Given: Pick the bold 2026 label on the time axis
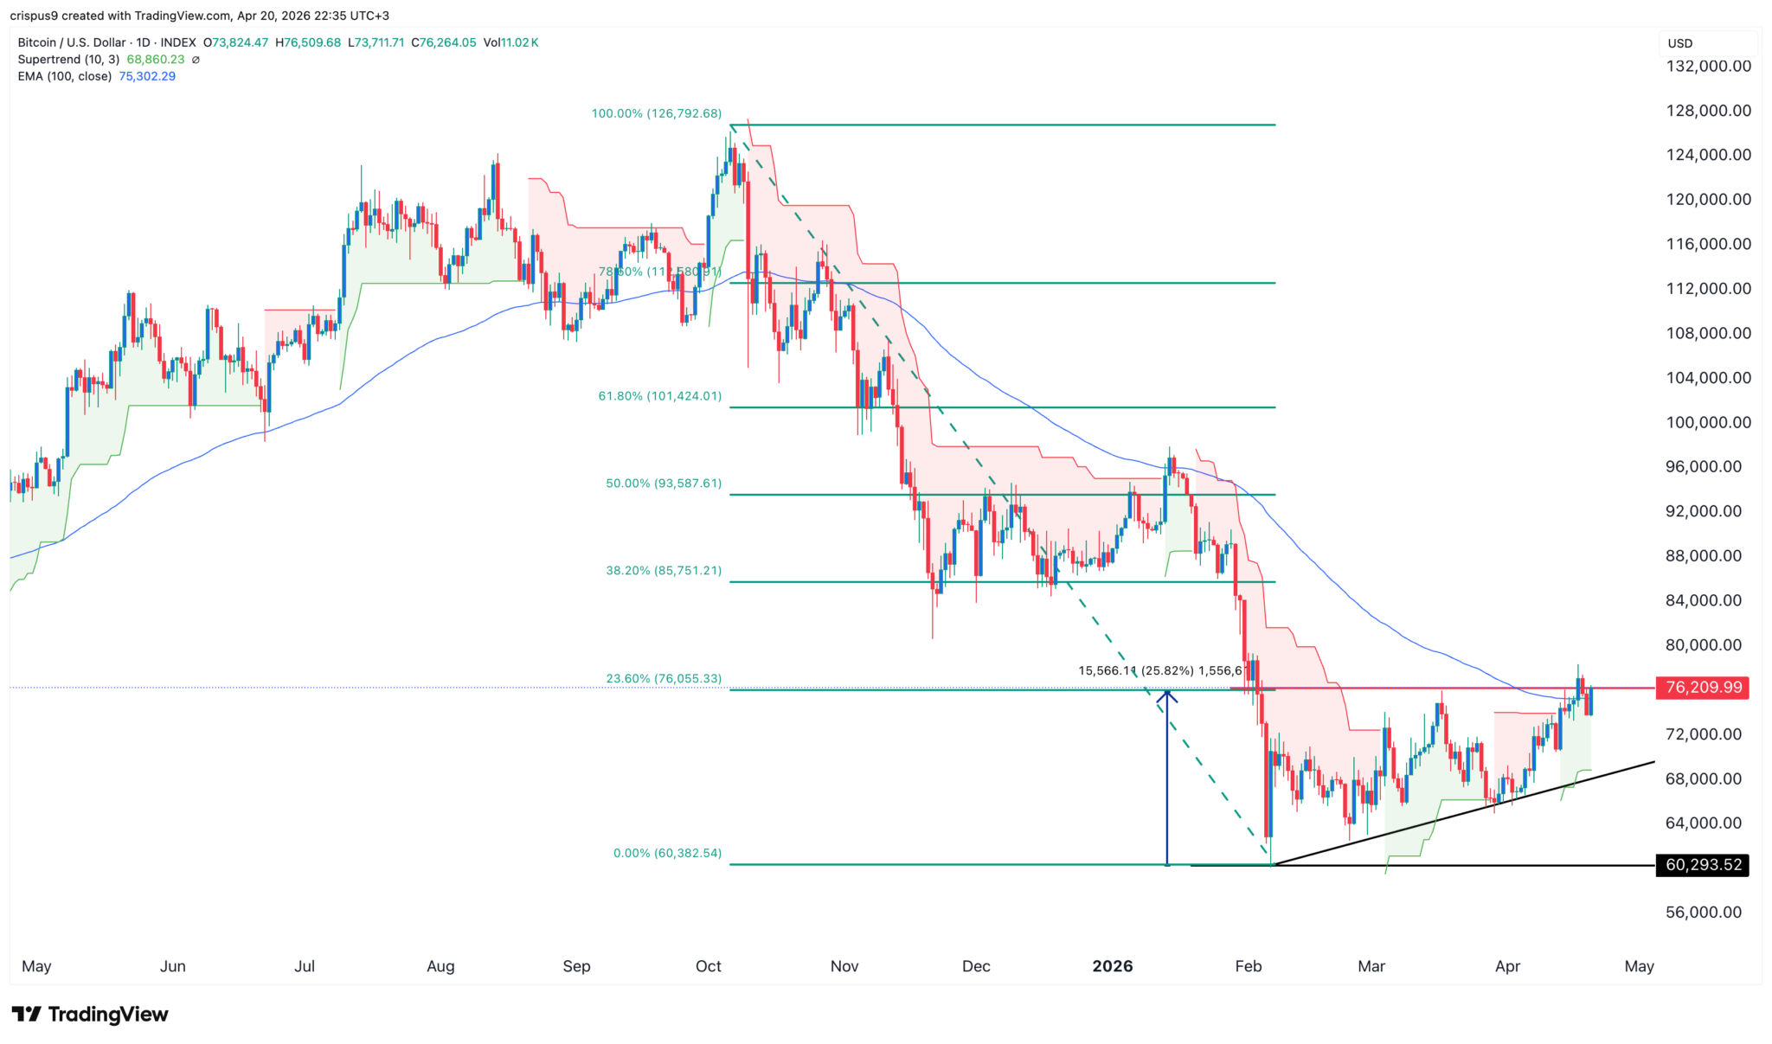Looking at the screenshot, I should click(1112, 966).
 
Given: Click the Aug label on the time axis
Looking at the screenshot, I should click(440, 966).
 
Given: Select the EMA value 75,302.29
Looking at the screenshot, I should click(147, 76).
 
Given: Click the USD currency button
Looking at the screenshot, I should click(1680, 43).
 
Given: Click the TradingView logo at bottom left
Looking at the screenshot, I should click(90, 1014).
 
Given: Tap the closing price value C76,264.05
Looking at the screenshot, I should click(443, 42).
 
